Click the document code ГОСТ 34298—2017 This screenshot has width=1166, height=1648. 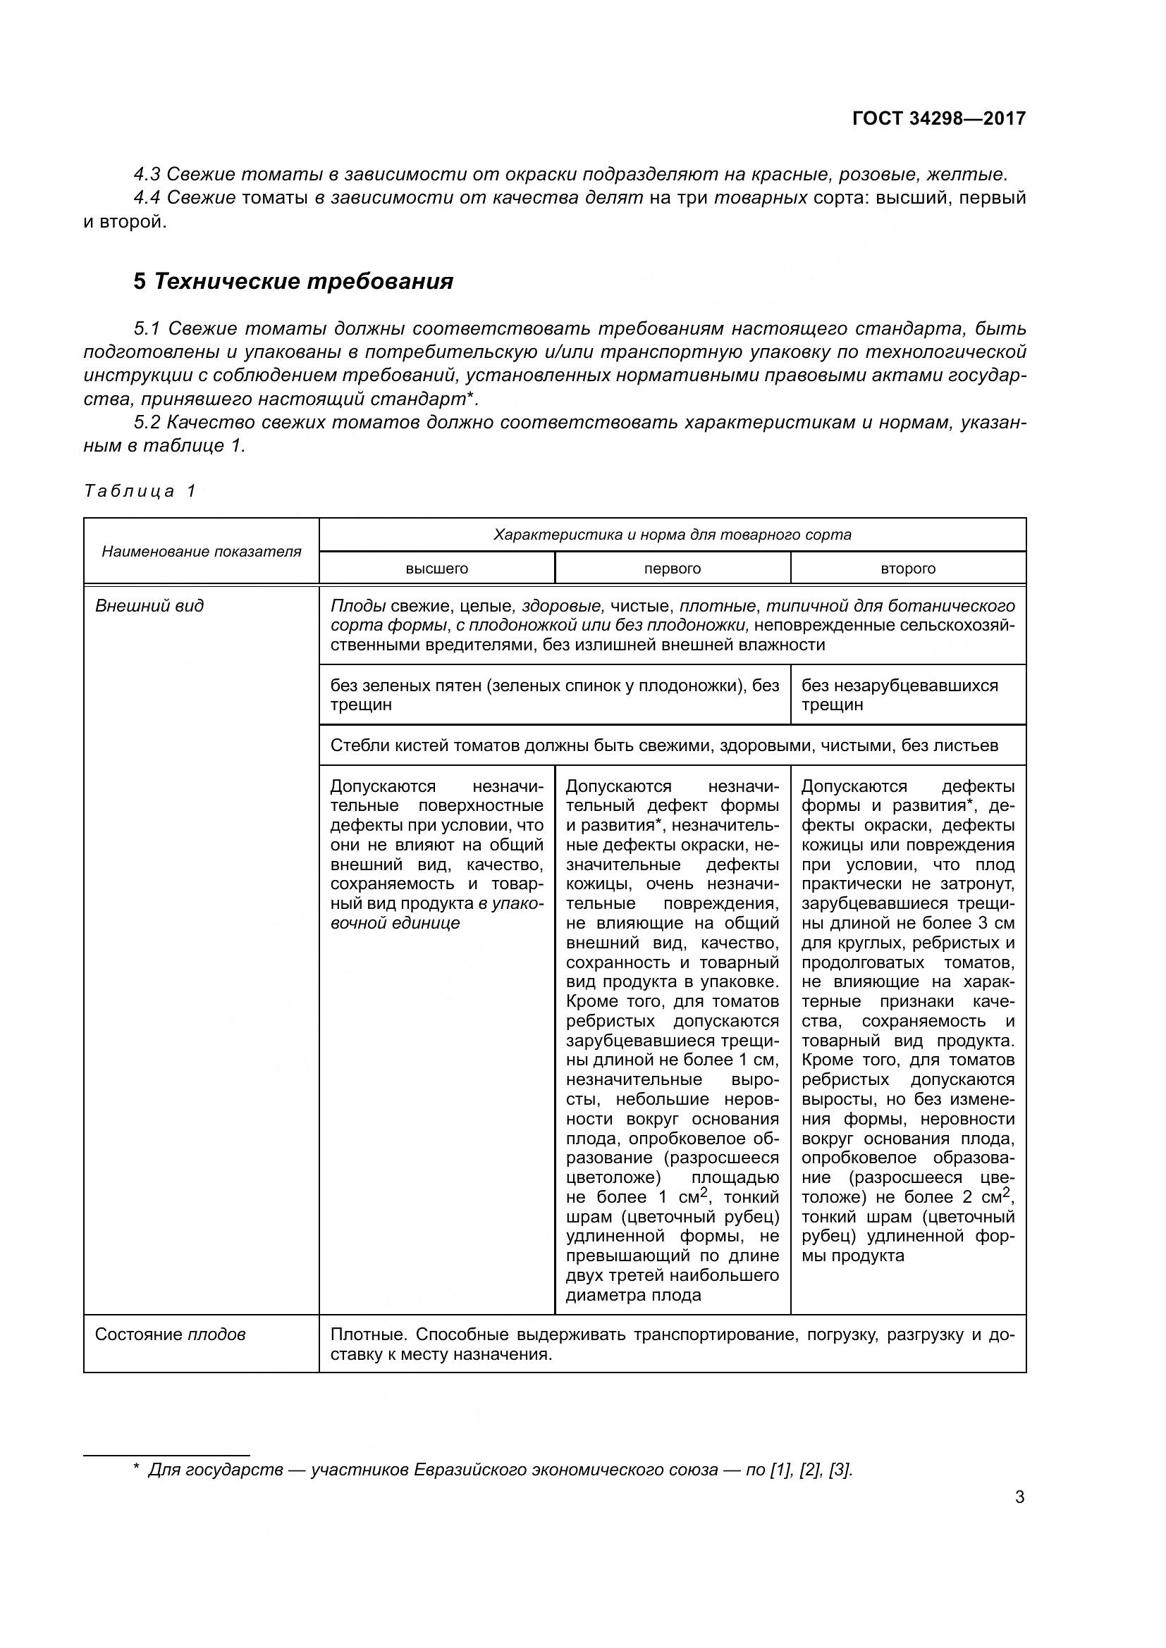938,118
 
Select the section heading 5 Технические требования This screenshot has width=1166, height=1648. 293,281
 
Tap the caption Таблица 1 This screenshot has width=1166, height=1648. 140,491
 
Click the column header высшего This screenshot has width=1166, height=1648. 436,569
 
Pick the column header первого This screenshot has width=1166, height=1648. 672,569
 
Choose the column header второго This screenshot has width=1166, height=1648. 907,569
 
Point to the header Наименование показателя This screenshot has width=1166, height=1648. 201,551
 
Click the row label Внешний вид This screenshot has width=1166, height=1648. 149,605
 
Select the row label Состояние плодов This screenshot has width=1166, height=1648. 170,1334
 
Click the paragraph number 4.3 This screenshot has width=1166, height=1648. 147,175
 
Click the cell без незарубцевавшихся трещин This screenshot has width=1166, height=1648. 899,694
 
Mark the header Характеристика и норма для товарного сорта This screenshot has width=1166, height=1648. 672,535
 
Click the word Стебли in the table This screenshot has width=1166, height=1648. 353,745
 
